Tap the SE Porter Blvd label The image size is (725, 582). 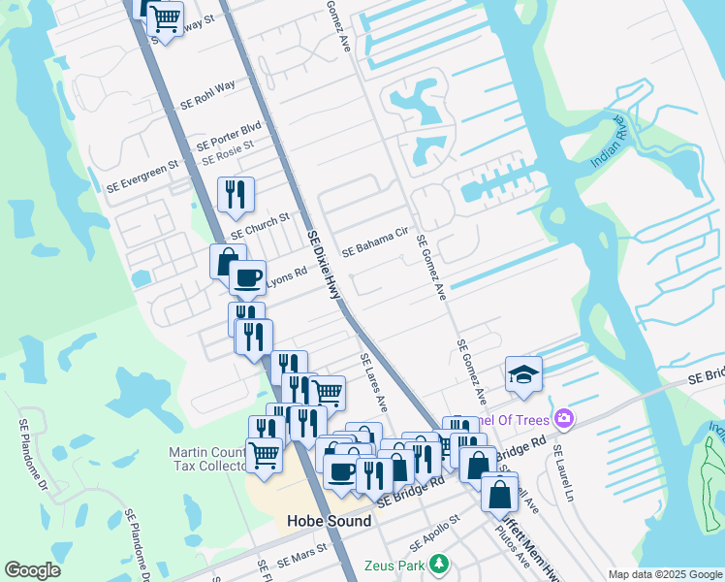tap(229, 134)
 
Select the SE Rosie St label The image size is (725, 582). tap(227, 151)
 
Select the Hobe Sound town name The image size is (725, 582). tap(329, 521)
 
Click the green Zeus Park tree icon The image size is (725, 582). tap(439, 564)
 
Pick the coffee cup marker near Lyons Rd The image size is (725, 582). tap(247, 277)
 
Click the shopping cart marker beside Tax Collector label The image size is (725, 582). tap(264, 454)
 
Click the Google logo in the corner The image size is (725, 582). tap(32, 570)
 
